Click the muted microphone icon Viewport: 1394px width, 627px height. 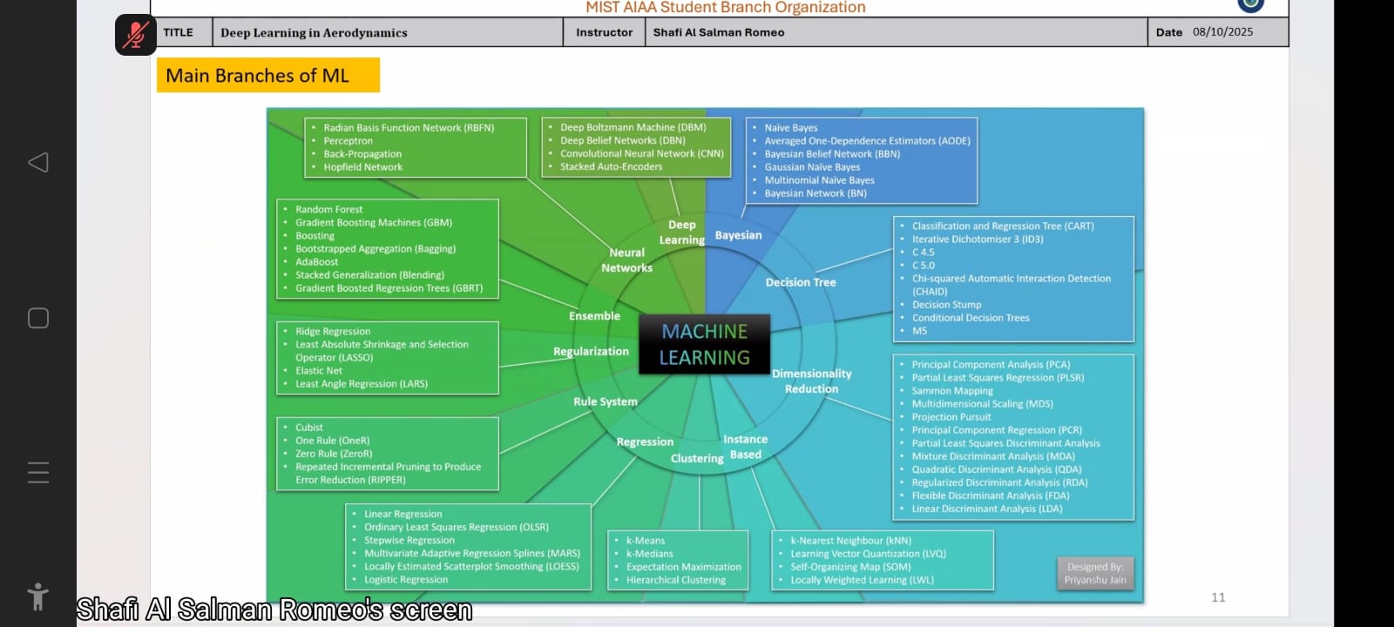tap(135, 35)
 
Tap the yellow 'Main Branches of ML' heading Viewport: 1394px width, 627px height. tap(267, 76)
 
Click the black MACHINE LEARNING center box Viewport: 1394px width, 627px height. tap(704, 345)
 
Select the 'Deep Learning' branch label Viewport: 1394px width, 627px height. tap(682, 233)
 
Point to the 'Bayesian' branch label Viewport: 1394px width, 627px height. tap(738, 235)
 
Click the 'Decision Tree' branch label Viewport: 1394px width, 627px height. tap(800, 282)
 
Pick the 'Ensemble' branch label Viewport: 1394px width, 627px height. tap(594, 316)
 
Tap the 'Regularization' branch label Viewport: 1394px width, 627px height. tap(591, 352)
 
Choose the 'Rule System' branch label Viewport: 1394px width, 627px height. tap(605, 401)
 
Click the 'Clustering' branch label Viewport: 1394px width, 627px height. tap(697, 458)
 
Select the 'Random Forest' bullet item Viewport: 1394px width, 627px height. tap(328, 210)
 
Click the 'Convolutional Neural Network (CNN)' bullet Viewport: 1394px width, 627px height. tap(641, 153)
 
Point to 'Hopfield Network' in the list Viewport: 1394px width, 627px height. tap(362, 167)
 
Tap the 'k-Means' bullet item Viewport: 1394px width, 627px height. tap(645, 541)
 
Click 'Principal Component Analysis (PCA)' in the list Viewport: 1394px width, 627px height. tap(991, 365)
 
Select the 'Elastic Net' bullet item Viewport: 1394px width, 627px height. tap(319, 371)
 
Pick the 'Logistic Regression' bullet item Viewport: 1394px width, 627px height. tap(406, 580)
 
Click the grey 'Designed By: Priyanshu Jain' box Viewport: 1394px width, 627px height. tap(1095, 573)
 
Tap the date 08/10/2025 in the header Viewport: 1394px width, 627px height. tap(1222, 32)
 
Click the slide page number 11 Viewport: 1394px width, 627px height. tap(1218, 597)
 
